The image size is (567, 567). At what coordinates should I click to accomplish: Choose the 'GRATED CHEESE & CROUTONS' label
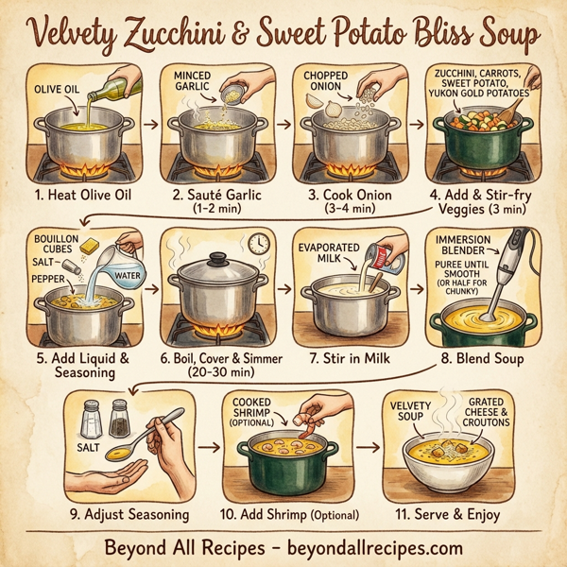pyautogui.click(x=488, y=413)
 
